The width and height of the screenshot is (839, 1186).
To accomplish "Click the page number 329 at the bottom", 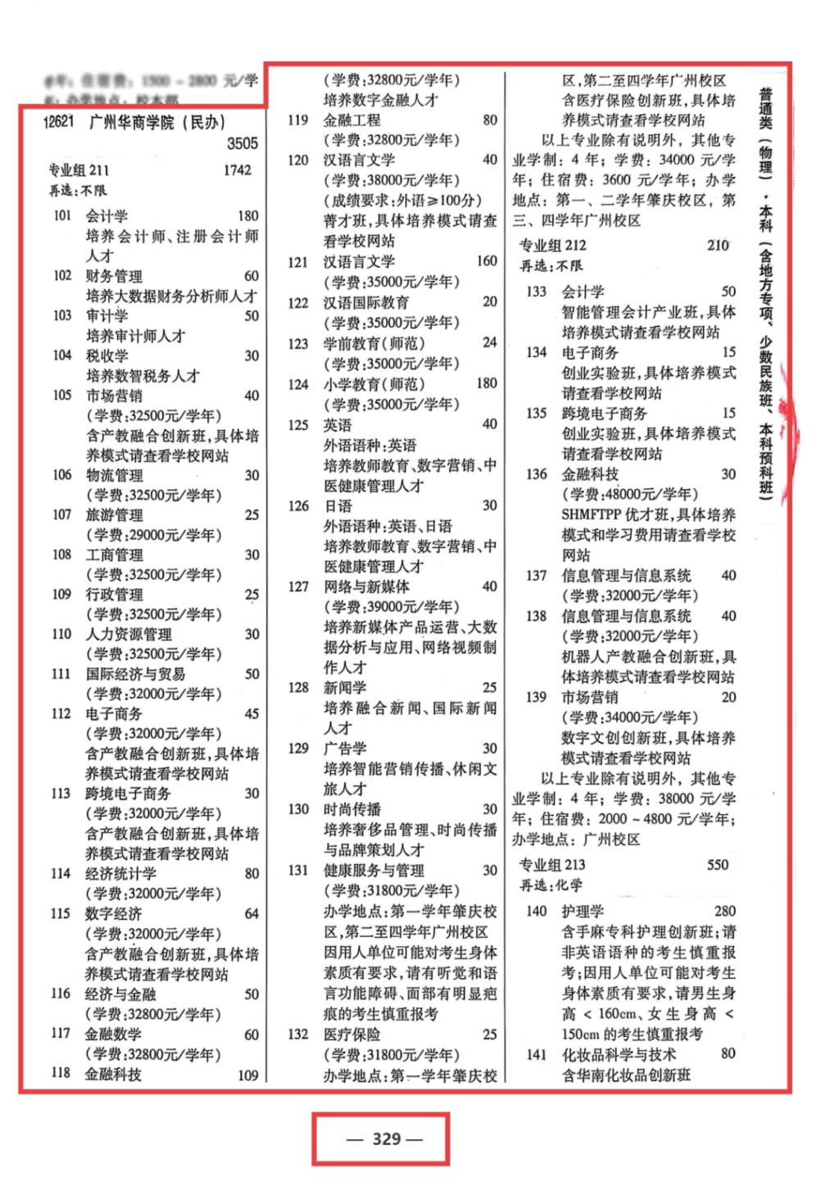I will click(386, 1138).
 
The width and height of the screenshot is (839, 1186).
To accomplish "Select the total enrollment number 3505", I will click(242, 144).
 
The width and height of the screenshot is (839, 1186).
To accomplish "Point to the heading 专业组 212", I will click(553, 245).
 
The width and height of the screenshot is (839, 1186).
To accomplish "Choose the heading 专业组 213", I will click(552, 865).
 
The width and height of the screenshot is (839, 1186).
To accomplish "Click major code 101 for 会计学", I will click(62, 216).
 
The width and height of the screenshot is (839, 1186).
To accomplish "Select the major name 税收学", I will click(107, 355).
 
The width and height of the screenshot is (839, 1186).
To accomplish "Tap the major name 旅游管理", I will click(115, 515).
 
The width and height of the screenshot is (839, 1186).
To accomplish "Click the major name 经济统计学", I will click(121, 874).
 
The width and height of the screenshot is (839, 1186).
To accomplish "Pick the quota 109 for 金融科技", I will click(247, 1075).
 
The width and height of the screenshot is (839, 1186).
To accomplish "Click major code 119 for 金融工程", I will click(297, 120).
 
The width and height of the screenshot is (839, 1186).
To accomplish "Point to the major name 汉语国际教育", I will click(366, 302).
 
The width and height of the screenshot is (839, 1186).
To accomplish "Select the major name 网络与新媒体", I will click(366, 586).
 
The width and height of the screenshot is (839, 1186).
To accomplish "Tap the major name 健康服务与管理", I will click(373, 871).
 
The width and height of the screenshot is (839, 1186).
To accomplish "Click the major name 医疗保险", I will click(351, 1034).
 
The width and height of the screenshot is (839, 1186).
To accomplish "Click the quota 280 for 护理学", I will click(724, 911).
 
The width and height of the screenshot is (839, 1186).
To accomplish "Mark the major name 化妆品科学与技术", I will click(619, 1054).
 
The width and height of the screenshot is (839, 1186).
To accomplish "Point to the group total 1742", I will click(237, 170).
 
